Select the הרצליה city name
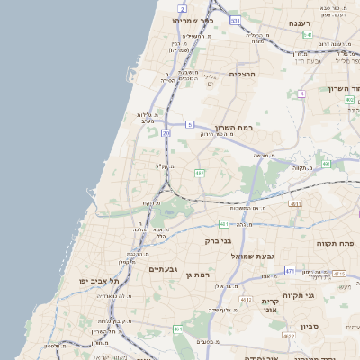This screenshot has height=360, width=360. tap(243, 74)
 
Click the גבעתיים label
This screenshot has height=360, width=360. tap(163, 269)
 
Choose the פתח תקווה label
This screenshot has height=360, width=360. tap(333, 243)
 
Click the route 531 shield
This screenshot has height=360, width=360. tap(235, 20)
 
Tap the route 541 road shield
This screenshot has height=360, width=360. tap(307, 35)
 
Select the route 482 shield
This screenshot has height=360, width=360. tap(200, 173)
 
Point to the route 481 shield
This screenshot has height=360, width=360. tap(224, 223)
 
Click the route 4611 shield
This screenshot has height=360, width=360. tap(295, 204)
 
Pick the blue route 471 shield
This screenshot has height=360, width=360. tap(289, 270)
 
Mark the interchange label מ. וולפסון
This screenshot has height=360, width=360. tap(55, 345)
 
